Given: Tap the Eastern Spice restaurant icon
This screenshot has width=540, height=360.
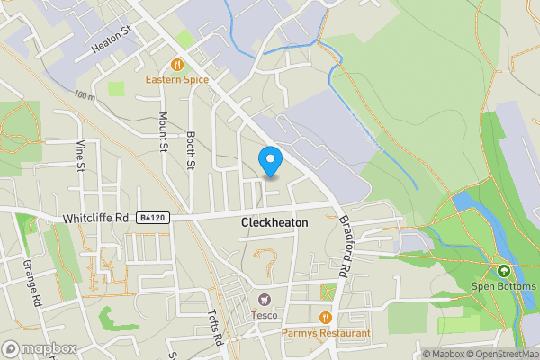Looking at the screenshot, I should tap(177, 65).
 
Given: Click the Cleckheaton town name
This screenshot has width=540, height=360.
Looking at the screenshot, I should tap(274, 222).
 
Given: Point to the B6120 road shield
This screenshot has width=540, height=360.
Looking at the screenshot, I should tap(151, 219).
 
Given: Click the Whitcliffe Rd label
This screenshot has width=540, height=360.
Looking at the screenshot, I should tap(96, 219).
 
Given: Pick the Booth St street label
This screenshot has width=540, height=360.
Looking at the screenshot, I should tap(191, 149).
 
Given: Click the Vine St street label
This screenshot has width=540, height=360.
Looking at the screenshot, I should tap(80, 154).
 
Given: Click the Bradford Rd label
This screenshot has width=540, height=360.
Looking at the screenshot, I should tap(343, 247).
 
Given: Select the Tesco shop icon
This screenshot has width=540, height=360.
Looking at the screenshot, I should tap(264, 299).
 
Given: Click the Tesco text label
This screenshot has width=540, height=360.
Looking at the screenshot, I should tap(264, 314).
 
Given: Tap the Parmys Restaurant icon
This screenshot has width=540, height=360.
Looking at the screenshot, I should tap(325, 317).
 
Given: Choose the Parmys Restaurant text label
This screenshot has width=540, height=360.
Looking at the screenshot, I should tap(325, 333).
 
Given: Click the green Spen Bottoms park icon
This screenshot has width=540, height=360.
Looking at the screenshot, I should tap(504, 270).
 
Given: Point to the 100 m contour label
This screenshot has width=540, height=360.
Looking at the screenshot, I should tap(85, 94).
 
